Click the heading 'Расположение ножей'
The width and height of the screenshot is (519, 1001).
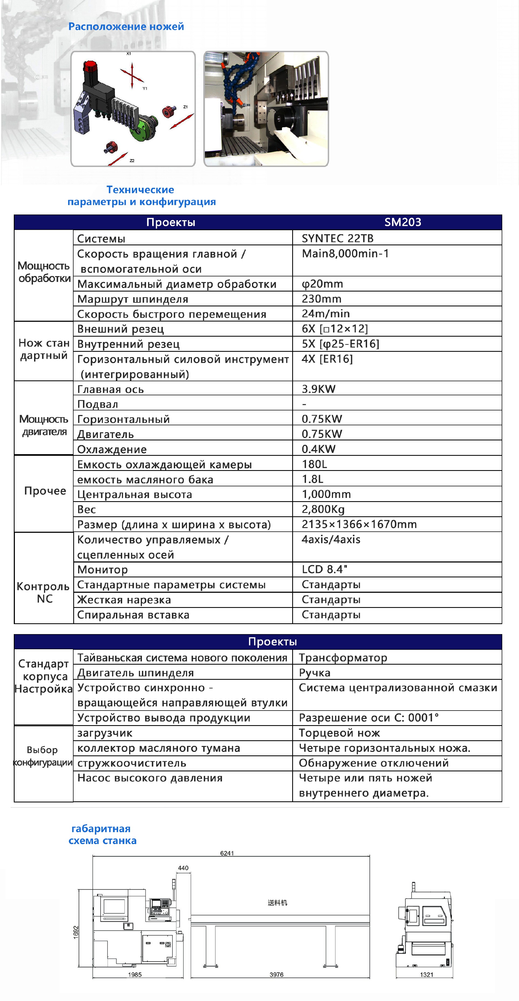pos(126,26)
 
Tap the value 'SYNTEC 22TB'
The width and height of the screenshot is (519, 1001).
pos(337,238)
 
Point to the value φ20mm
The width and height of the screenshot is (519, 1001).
pos(322,284)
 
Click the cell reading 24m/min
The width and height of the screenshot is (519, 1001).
pos(325,314)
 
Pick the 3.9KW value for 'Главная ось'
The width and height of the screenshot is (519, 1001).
pos(318,389)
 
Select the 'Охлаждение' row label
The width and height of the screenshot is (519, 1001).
pos(112,449)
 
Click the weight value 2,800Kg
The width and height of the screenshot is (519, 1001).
pos(323,509)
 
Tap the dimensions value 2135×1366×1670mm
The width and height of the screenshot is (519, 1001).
pos(359,524)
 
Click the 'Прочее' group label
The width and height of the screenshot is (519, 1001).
pos(45,491)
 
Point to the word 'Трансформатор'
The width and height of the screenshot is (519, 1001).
pos(343,658)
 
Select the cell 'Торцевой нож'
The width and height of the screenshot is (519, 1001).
pos(339,733)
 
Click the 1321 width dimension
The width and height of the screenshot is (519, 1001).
pos(427,975)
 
